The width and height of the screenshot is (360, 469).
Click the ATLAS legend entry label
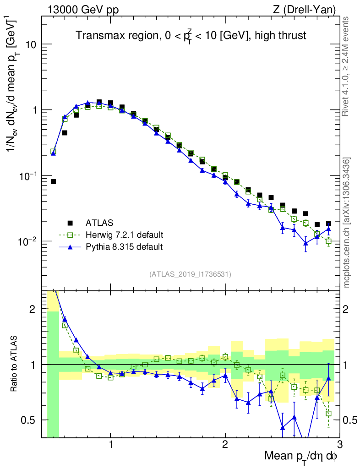pyautogui.click(x=98, y=224)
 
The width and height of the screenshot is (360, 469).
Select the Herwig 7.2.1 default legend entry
pyautogui.click(x=124, y=235)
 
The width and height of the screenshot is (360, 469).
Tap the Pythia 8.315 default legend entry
pyautogui.click(x=124, y=247)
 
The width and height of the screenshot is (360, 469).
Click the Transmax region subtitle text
pyautogui.click(x=191, y=35)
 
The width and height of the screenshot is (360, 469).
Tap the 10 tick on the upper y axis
pyautogui.click(x=31, y=45)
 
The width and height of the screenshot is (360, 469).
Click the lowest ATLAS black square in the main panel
pyautogui.click(x=53, y=182)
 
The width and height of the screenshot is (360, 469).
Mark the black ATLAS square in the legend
pyautogui.click(x=70, y=224)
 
